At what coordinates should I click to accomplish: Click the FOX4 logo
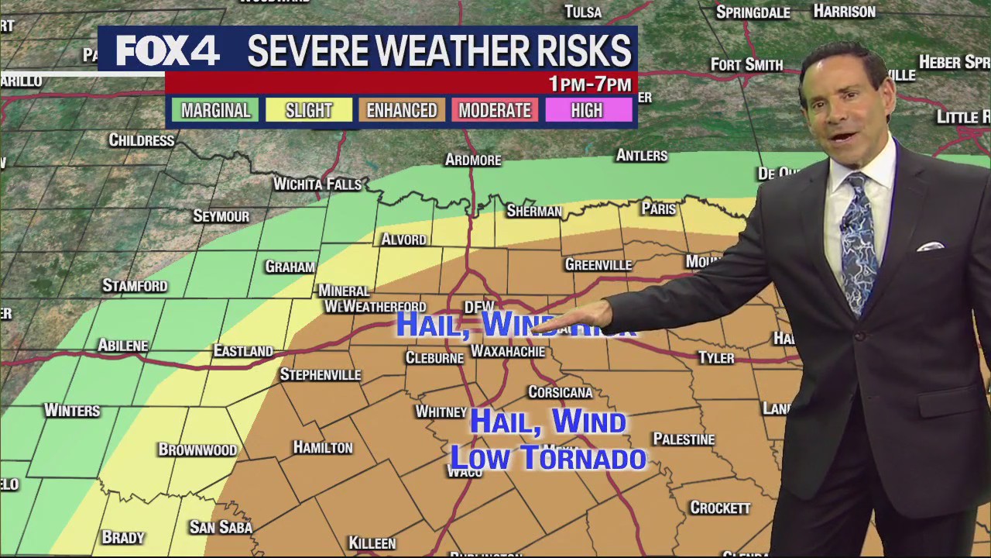pos(167,51)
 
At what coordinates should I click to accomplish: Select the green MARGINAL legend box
pos(215,110)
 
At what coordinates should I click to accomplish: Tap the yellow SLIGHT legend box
pos(308,110)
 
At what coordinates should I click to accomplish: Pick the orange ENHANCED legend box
pos(401,110)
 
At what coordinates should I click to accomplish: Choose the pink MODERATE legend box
pos(494,110)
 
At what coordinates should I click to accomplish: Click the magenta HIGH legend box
pos(587,110)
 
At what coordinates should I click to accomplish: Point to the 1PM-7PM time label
pos(590,84)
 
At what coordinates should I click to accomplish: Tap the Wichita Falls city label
pos(317,184)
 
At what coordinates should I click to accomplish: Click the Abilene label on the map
pos(123,346)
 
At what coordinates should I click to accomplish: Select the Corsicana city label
pos(560,392)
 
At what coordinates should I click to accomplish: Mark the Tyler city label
pos(715,358)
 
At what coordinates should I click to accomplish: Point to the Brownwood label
pos(197,449)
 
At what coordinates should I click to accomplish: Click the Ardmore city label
pos(473,160)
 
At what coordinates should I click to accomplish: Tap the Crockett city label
pos(720,508)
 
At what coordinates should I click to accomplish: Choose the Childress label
pos(141,140)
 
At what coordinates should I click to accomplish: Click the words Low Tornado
pos(548,458)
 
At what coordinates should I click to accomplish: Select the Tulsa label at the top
pos(583,12)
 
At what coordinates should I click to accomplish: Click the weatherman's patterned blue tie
pos(859,240)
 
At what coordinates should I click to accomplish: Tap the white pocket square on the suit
pos(930,247)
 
